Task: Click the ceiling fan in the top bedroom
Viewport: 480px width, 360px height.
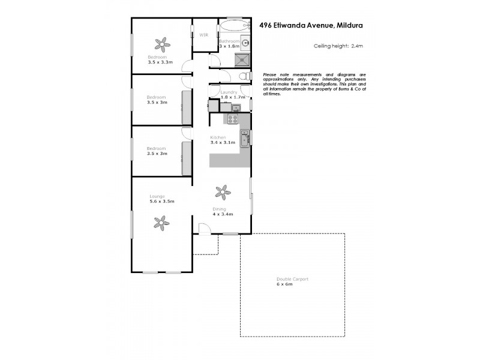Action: coord(161,44)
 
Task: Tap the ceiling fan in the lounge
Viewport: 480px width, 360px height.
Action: coord(161,223)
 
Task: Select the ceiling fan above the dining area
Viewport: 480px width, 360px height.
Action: coord(223,192)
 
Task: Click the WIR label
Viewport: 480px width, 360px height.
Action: coord(204,34)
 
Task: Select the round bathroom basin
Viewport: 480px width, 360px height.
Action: coord(245,43)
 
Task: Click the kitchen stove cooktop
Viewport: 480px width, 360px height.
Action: coord(232,119)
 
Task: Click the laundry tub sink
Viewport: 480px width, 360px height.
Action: coord(236,108)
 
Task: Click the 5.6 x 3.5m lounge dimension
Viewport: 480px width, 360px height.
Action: coord(162,202)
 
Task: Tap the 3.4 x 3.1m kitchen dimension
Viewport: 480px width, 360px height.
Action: coord(223,143)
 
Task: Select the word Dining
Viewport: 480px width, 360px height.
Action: coord(219,209)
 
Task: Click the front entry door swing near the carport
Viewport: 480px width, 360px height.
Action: coord(204,229)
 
